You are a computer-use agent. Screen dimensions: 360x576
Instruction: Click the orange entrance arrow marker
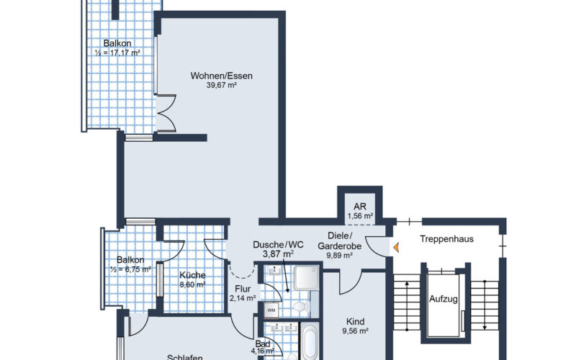tap(395, 248)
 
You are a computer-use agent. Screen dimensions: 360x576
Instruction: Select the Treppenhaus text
tap(446, 239)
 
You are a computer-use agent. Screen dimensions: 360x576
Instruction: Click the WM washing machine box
tap(271, 310)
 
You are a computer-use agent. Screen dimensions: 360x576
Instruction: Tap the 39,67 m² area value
tap(222, 85)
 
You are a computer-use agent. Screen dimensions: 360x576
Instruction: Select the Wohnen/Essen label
tap(222, 75)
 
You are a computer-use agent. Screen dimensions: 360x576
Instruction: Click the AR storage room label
tap(360, 205)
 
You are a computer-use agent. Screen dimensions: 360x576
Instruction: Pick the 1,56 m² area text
tap(360, 215)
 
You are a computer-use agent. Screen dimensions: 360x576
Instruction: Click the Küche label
tap(193, 275)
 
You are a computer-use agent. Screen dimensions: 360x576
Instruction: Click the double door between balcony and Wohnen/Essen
tap(166, 113)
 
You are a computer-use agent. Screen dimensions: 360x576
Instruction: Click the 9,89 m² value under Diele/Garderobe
tap(339, 255)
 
